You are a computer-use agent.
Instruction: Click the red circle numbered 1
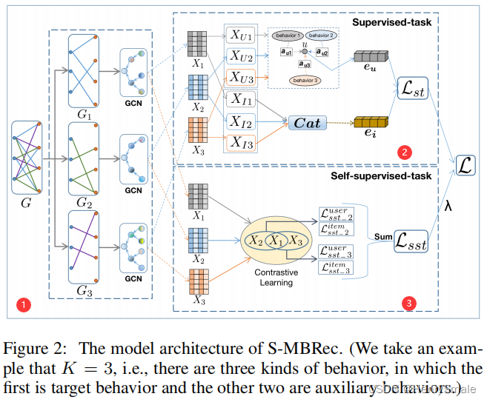[24, 304]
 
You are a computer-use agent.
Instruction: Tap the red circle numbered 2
[403, 153]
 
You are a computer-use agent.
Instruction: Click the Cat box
[307, 123]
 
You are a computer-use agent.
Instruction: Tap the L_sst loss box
[411, 241]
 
